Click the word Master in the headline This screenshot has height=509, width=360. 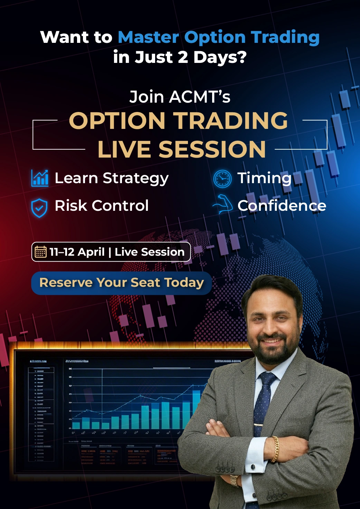148,37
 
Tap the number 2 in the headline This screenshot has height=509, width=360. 183,57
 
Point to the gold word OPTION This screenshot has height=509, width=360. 117,121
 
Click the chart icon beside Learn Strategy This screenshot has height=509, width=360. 40,178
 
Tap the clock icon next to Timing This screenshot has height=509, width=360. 222,179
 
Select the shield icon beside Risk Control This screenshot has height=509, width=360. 39,208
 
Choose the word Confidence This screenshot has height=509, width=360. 282,206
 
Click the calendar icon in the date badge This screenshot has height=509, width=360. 41,252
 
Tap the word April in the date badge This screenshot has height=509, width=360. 92,252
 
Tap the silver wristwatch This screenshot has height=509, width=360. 235,480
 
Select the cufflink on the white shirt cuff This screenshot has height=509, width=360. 253,467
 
